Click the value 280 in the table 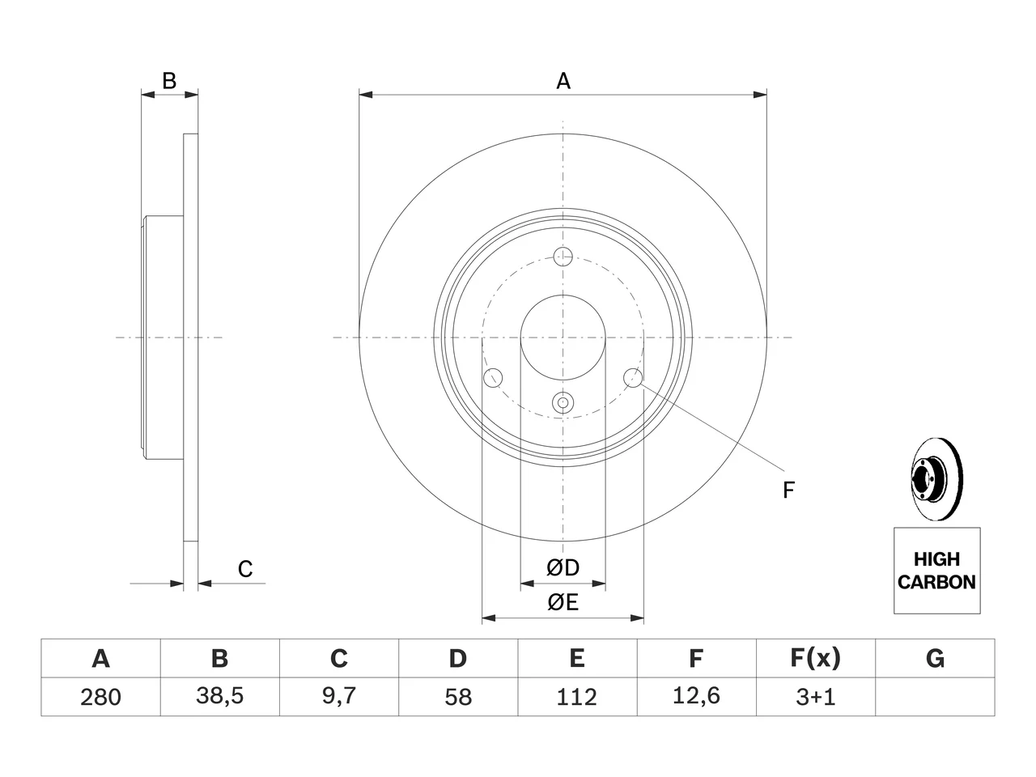[x=100, y=697]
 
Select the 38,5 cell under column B [x=220, y=697]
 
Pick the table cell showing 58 [x=458, y=697]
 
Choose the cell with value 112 [x=577, y=697]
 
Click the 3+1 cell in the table [x=816, y=697]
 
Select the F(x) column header [x=816, y=658]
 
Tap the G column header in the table [x=935, y=658]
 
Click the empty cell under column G [x=935, y=697]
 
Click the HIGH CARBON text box [x=937, y=571]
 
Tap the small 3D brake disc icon [x=936, y=479]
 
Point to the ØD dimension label [x=563, y=567]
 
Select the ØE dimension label [x=563, y=602]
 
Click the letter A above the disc [x=563, y=81]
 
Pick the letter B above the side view [x=169, y=81]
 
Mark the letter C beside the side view [x=245, y=569]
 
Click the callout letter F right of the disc [x=788, y=490]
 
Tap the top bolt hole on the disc [x=563, y=257]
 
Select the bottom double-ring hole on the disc [x=563, y=402]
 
